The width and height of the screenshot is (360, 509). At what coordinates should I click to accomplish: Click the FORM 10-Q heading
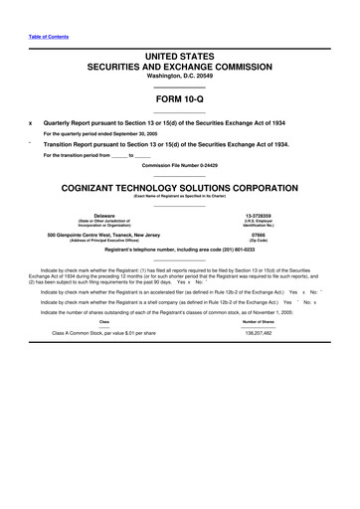[180, 100]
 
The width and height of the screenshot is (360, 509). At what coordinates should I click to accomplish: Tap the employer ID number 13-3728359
[259, 215]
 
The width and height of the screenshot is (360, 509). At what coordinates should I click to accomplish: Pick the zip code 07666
[259, 235]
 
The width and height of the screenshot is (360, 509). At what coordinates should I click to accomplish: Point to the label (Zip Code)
[259, 242]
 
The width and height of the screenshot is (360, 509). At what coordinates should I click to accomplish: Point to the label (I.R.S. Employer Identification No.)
[259, 224]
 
